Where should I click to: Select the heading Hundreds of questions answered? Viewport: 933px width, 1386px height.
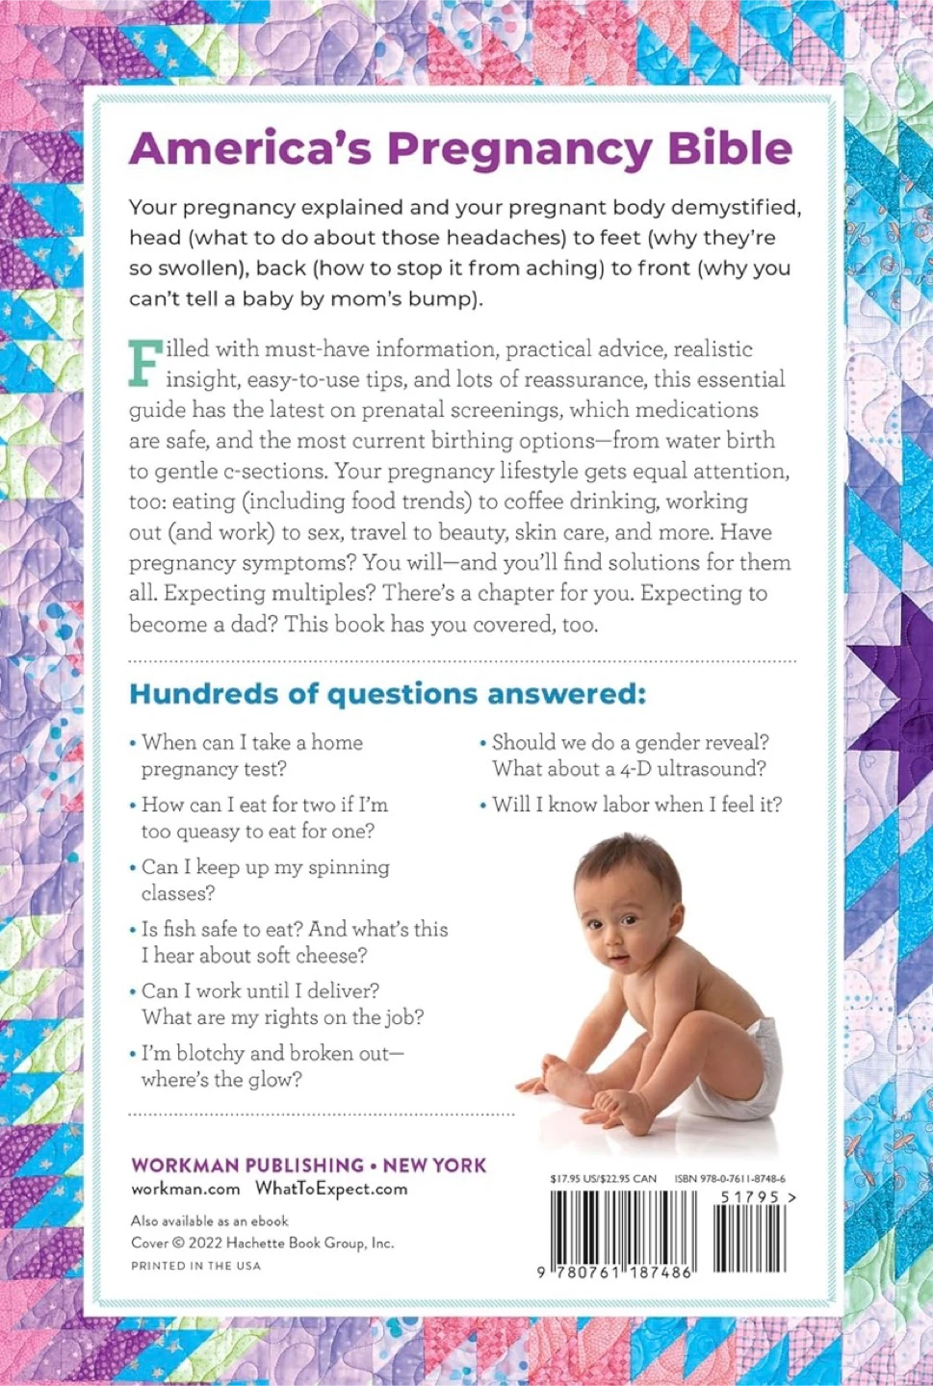[387, 694]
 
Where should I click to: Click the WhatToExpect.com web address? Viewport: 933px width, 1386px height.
[331, 1189]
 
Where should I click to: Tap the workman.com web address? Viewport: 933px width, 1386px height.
[186, 1189]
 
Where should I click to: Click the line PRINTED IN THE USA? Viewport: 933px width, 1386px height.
[195, 1266]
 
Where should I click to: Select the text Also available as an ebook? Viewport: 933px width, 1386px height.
[210, 1220]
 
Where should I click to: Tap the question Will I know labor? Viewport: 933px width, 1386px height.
[636, 805]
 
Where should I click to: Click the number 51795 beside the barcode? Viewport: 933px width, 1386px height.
[750, 1197]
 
